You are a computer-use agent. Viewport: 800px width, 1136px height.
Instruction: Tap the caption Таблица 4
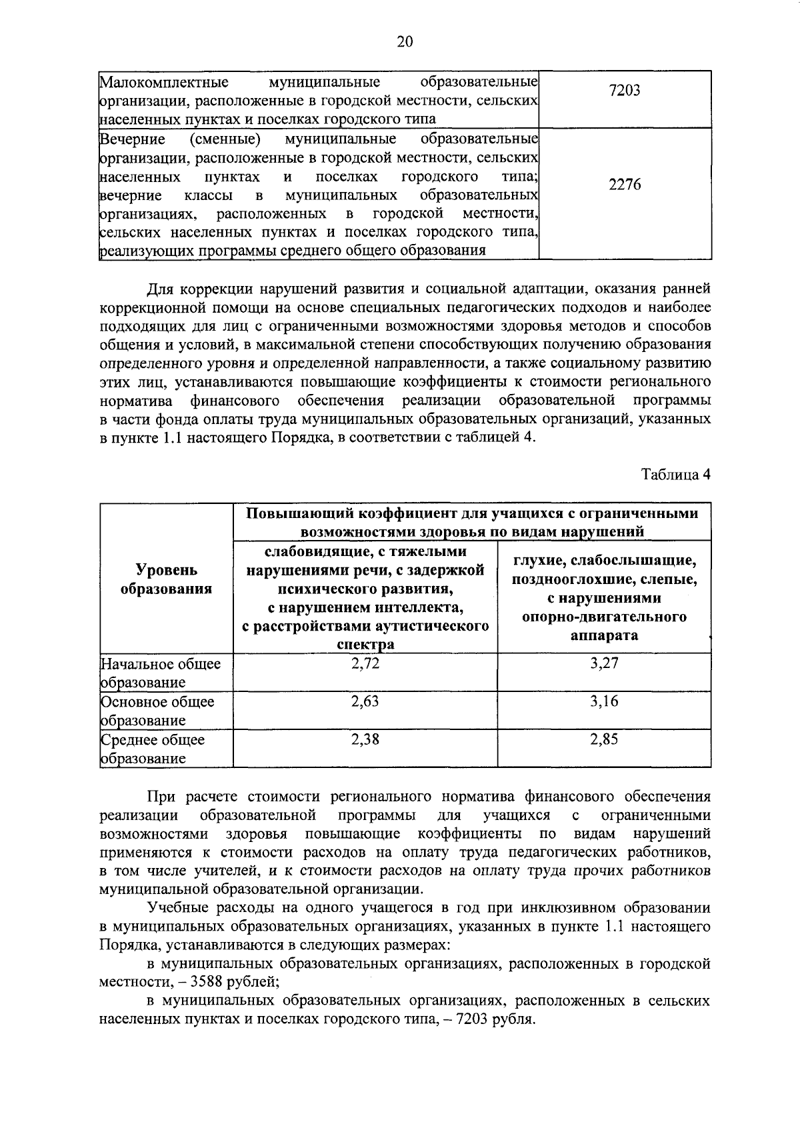(676, 475)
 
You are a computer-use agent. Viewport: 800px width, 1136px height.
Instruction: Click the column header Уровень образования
(167, 579)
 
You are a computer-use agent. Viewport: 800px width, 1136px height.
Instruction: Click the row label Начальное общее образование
(160, 673)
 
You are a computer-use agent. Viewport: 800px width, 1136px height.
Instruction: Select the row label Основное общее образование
(157, 711)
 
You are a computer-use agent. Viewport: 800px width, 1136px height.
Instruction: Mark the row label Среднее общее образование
(153, 749)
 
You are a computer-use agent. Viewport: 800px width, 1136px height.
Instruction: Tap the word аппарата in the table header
(604, 635)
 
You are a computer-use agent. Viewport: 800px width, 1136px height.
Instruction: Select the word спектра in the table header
(365, 645)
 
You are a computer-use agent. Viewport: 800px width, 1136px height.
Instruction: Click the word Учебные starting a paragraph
(176, 908)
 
